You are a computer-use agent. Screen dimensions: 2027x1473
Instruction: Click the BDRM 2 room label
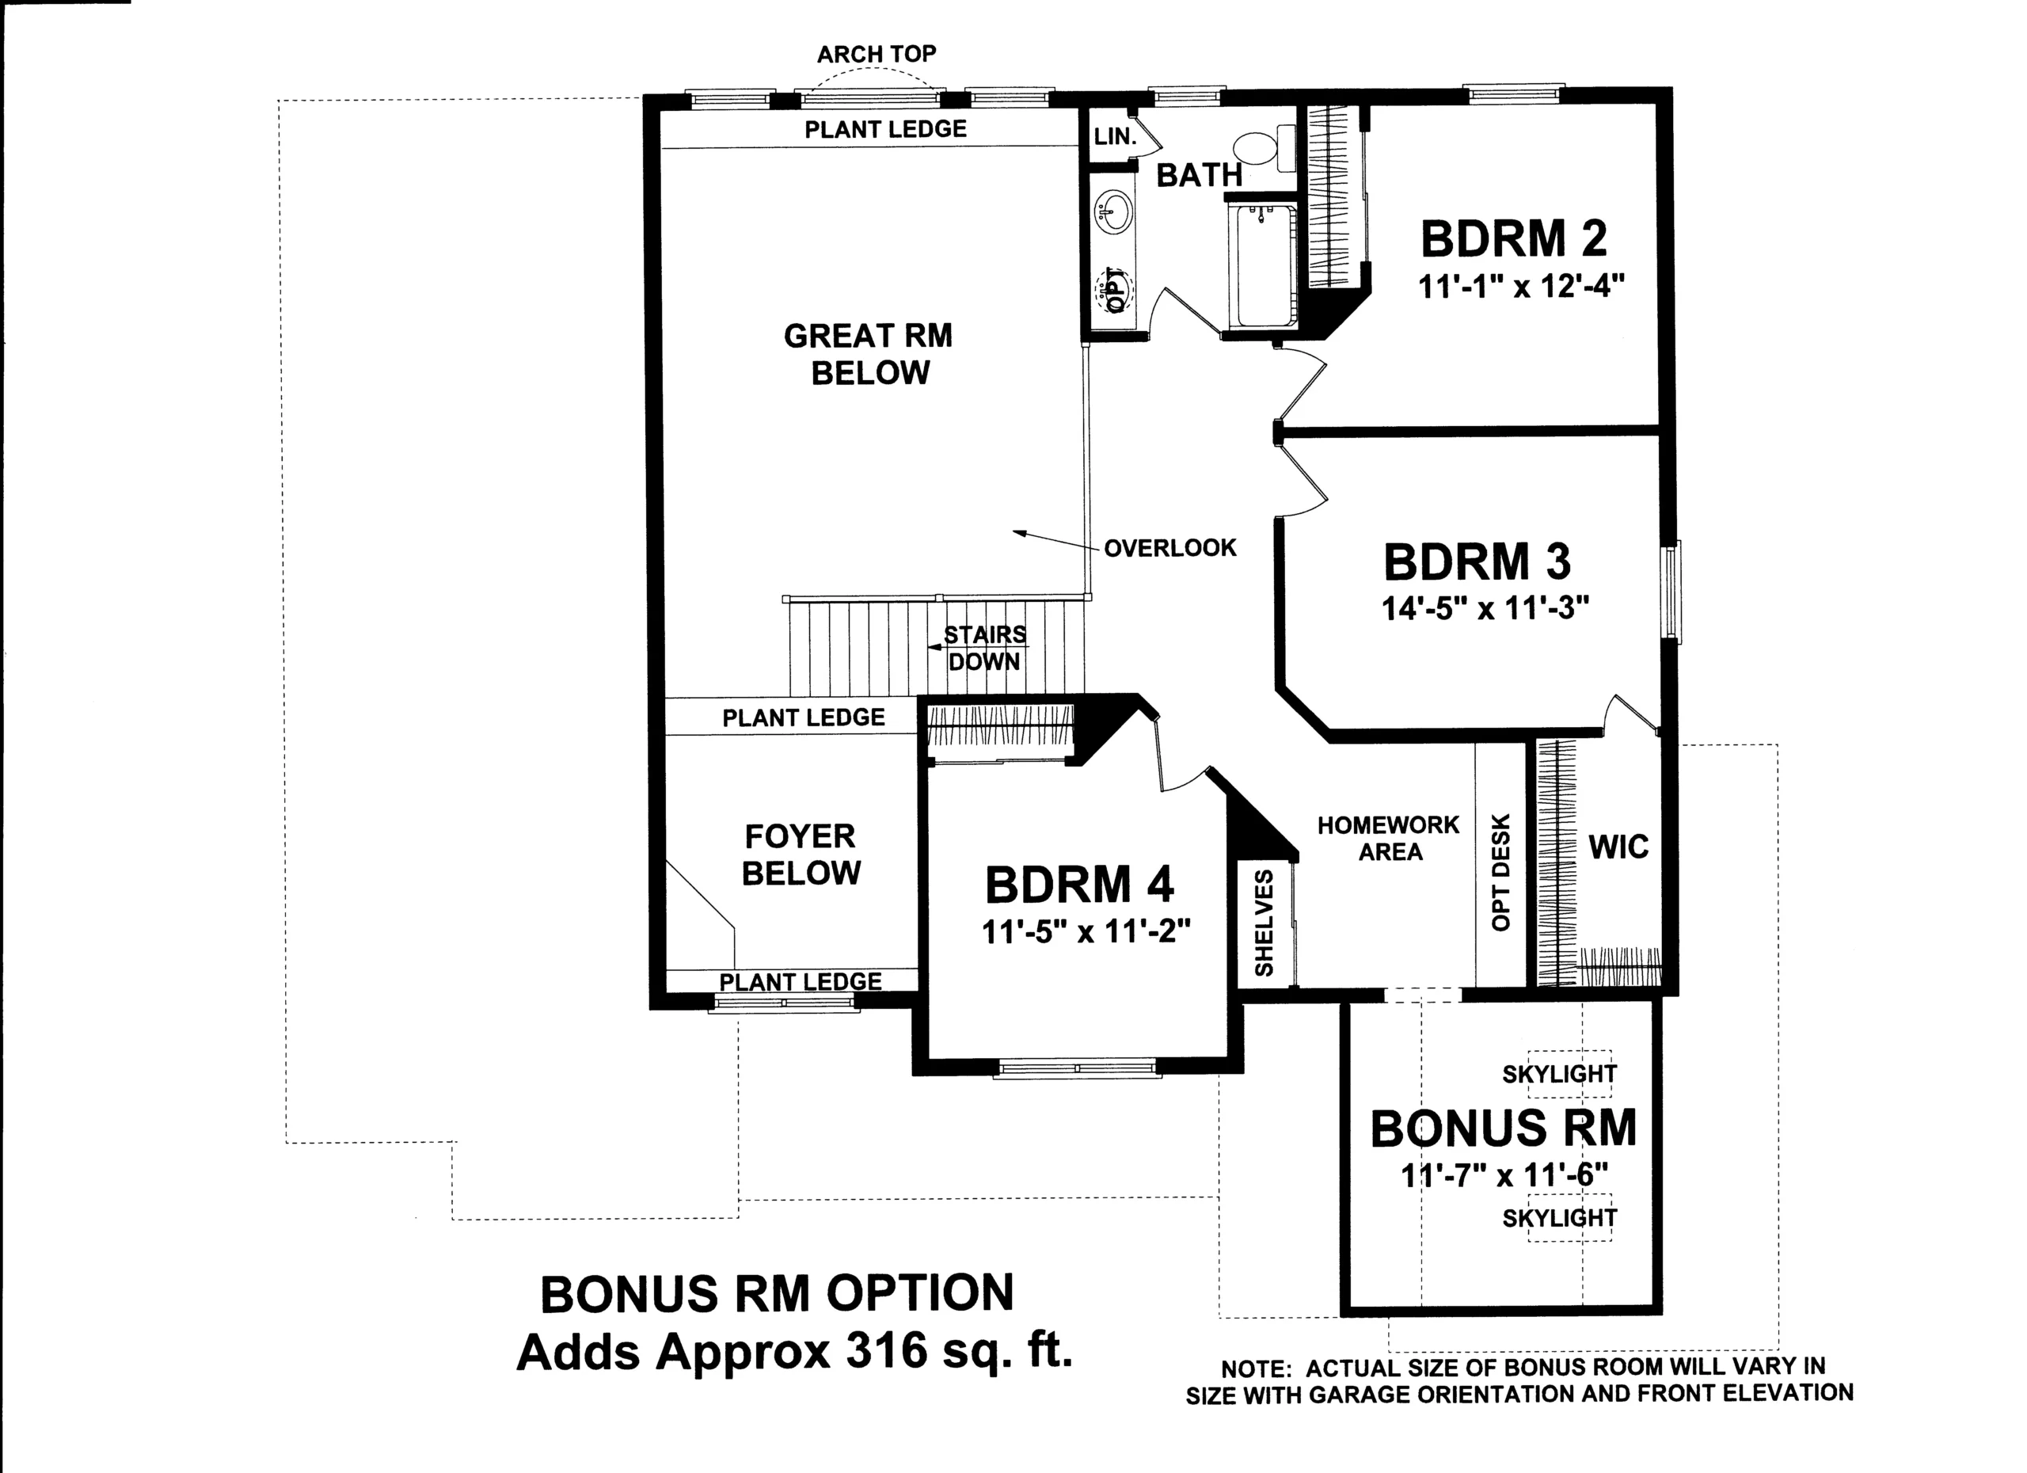(1513, 238)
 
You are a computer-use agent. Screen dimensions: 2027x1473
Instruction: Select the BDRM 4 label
(1080, 885)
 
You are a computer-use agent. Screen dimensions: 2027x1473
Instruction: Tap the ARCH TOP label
(877, 55)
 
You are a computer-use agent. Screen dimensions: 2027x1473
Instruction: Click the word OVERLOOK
(1170, 548)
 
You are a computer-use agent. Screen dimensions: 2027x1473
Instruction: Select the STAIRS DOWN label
(985, 648)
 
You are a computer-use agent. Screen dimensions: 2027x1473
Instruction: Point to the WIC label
(1618, 847)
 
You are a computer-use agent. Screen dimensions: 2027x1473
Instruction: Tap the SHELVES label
(1264, 923)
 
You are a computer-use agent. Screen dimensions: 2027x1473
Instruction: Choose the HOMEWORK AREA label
(1389, 838)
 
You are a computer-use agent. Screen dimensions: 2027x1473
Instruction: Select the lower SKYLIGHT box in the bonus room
(1569, 1217)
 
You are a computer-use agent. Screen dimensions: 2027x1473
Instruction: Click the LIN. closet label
(1116, 137)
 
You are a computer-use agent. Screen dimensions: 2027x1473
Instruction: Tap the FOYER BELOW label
(801, 854)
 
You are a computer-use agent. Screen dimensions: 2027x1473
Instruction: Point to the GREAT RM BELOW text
(869, 354)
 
